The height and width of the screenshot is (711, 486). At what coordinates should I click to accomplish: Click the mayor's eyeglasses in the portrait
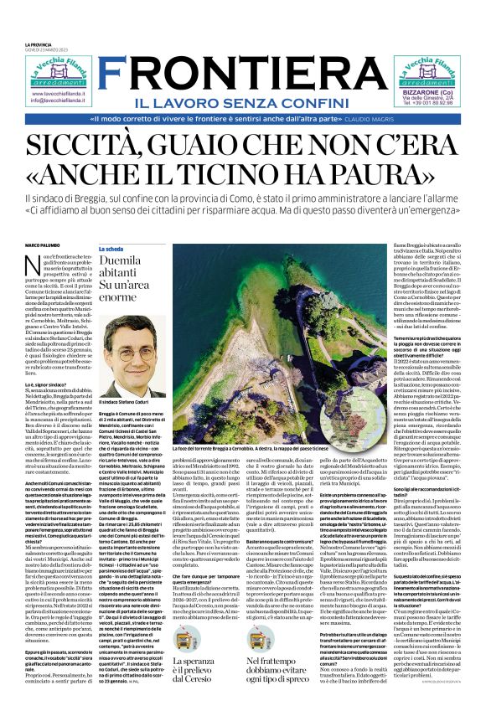[128, 360]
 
